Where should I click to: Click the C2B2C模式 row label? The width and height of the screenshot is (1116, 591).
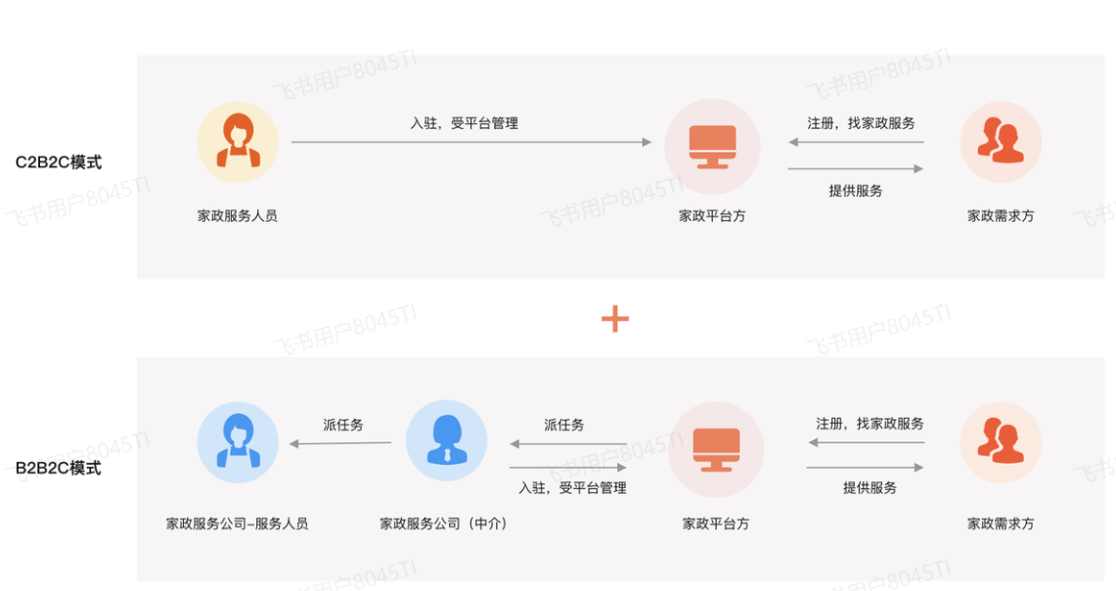59,162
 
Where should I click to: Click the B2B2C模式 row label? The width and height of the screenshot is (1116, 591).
59,468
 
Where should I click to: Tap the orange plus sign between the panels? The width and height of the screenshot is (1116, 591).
614,318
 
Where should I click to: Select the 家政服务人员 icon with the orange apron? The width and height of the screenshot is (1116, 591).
238,142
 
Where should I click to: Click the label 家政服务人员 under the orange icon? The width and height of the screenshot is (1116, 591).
238,215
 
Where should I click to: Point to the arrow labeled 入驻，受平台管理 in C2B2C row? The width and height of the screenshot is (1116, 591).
470,142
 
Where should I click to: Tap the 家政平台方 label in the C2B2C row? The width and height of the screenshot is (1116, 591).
712,215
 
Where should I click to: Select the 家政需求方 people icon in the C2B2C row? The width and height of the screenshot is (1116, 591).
1001,142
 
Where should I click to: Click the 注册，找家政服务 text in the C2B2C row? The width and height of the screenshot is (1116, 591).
861,123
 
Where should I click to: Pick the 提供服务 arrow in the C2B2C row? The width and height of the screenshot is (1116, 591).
856,169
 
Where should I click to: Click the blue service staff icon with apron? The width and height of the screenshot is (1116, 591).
238,441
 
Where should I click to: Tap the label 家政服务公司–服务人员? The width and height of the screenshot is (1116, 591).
238,523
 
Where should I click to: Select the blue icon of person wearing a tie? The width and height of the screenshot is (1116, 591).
446,441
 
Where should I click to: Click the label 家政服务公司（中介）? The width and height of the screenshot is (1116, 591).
445,523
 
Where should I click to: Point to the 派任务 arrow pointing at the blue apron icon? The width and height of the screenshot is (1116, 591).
340,443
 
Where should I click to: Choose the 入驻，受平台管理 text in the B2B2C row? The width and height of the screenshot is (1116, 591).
572,487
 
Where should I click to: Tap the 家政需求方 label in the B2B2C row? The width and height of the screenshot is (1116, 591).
1001,523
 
